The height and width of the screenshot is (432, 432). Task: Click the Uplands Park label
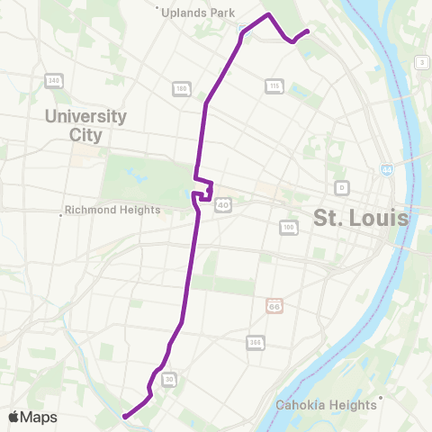tap(198, 13)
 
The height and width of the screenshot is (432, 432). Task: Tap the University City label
tap(86, 126)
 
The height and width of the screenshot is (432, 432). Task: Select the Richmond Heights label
tap(114, 211)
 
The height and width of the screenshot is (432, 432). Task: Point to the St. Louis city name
tap(360, 218)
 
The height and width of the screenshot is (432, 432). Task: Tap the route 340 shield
tap(53, 81)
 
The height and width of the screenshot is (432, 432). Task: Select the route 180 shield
tap(181, 88)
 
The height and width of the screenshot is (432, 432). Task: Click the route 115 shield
tap(274, 85)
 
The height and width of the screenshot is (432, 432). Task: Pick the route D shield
tap(341, 187)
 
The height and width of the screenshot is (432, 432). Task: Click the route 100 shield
tap(288, 227)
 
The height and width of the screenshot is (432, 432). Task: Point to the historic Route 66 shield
tap(274, 306)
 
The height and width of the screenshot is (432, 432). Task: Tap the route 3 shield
tap(420, 61)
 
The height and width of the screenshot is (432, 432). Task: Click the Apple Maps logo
tap(32, 417)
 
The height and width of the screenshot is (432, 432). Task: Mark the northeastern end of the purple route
tap(309, 31)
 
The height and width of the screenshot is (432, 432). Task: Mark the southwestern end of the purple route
tap(122, 416)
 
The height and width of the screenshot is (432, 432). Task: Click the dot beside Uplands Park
tap(158, 12)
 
